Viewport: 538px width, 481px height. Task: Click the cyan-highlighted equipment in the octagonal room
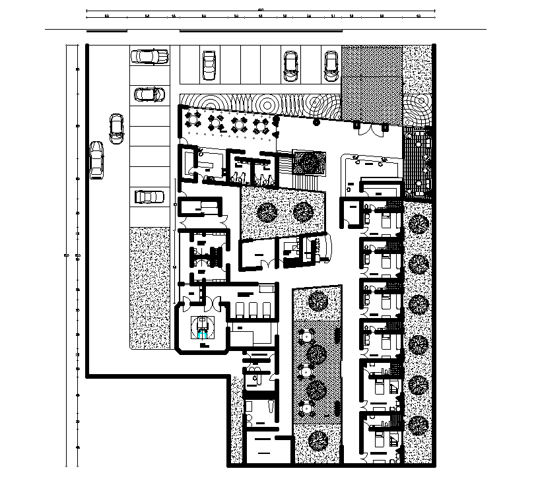(x=201, y=328)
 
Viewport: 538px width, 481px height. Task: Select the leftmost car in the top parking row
(x=150, y=57)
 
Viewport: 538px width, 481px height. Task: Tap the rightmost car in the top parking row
(x=331, y=65)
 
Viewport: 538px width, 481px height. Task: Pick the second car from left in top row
(x=209, y=65)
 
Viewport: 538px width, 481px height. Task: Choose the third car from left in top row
(x=290, y=65)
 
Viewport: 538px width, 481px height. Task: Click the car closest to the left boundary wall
(x=96, y=160)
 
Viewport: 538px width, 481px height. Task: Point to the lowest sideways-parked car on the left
(x=149, y=197)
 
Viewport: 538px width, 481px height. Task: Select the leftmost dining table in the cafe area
(x=194, y=121)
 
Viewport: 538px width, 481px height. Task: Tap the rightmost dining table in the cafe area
(x=262, y=124)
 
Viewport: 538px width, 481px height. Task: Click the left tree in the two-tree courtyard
(x=267, y=212)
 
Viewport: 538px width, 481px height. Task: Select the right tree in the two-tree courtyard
(x=302, y=212)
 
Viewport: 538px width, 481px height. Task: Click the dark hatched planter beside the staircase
(x=309, y=162)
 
